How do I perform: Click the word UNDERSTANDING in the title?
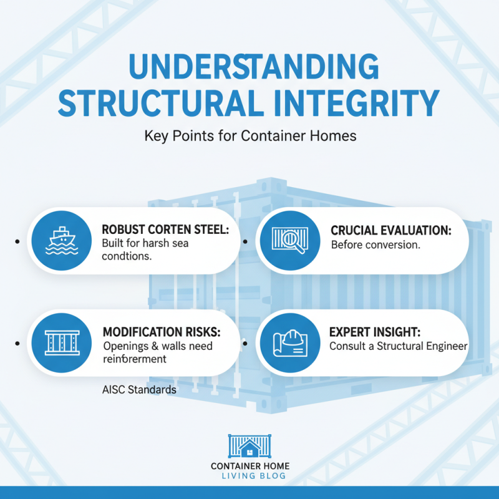254,67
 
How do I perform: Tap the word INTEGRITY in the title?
356,104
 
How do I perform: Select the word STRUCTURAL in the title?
161,104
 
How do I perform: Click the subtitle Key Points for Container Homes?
250,136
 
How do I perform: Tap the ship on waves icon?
62,241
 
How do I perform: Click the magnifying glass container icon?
290,240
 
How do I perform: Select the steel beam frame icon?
62,342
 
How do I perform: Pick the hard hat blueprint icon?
290,343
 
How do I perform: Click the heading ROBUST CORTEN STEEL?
165,230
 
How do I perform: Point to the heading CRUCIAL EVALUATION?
391,230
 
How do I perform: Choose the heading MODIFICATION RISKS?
162,332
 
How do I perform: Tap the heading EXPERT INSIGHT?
375,332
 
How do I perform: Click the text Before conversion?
375,245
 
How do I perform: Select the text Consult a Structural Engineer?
399,346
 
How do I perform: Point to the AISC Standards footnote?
139,389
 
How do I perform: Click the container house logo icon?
250,446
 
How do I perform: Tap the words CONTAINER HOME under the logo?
250,466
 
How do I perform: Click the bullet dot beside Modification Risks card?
17,344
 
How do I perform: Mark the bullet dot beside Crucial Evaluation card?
245,241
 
